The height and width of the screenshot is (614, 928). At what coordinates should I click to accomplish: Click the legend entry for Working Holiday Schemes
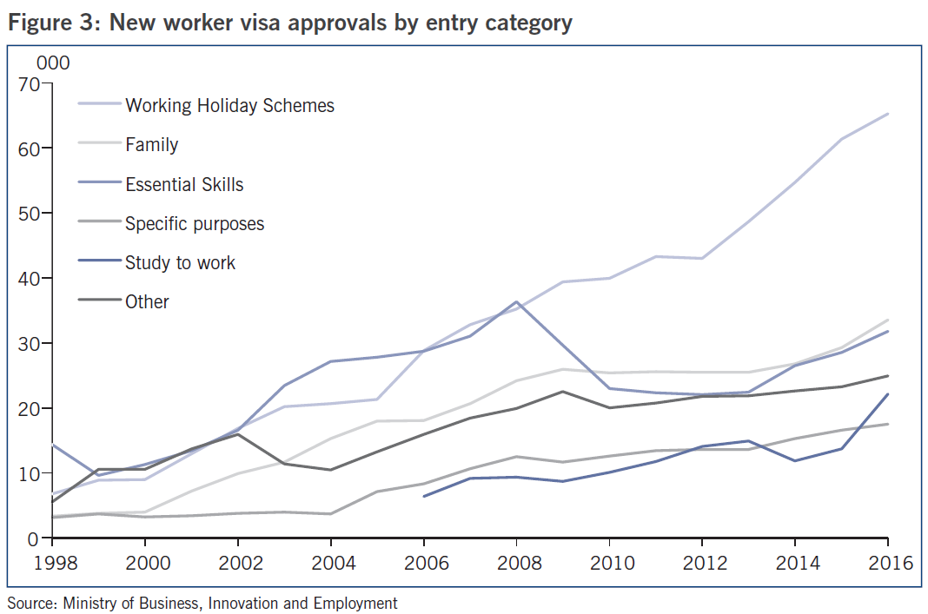(229, 106)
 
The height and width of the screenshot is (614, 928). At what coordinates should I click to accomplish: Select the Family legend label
(151, 145)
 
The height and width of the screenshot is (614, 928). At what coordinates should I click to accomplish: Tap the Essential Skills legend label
(184, 184)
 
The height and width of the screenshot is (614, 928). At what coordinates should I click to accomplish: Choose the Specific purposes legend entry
(195, 223)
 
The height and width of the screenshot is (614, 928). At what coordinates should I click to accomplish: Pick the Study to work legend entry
(180, 262)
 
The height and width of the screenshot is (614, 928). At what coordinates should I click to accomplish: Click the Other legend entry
(147, 301)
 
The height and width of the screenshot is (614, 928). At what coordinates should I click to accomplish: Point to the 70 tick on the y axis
(28, 84)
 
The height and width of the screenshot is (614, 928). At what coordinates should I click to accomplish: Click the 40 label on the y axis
(28, 279)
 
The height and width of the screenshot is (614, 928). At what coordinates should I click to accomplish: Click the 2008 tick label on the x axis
(516, 563)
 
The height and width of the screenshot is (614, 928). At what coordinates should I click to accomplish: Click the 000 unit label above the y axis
(52, 63)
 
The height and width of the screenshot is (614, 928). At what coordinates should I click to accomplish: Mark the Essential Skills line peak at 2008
(516, 302)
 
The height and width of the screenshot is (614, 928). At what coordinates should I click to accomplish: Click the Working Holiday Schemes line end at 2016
(888, 114)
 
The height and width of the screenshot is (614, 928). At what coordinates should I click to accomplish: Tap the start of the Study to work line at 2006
(423, 496)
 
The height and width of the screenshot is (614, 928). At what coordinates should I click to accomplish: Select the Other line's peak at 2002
(237, 434)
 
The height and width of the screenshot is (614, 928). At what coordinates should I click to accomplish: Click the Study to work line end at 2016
(888, 394)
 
